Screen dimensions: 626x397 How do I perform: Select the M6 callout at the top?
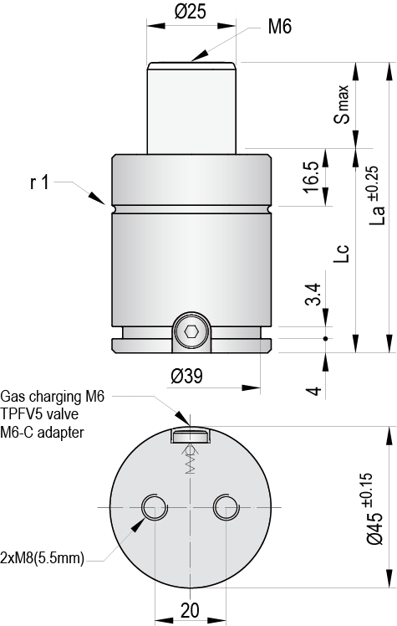(279, 28)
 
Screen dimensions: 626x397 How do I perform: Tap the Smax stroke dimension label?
(345, 105)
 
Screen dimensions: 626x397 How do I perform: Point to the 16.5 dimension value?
(311, 177)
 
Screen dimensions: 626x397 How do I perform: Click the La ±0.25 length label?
(376, 196)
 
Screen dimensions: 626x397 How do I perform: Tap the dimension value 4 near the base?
(311, 391)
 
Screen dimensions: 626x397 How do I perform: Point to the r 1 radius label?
(40, 182)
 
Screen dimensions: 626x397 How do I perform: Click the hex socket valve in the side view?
(191, 332)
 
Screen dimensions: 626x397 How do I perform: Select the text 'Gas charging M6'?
(53, 396)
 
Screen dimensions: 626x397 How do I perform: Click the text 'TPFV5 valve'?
(38, 414)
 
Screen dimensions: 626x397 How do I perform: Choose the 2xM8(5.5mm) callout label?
(43, 558)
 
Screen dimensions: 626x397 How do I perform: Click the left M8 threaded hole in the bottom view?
(154, 507)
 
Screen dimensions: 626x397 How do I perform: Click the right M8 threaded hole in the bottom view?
(226, 507)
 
